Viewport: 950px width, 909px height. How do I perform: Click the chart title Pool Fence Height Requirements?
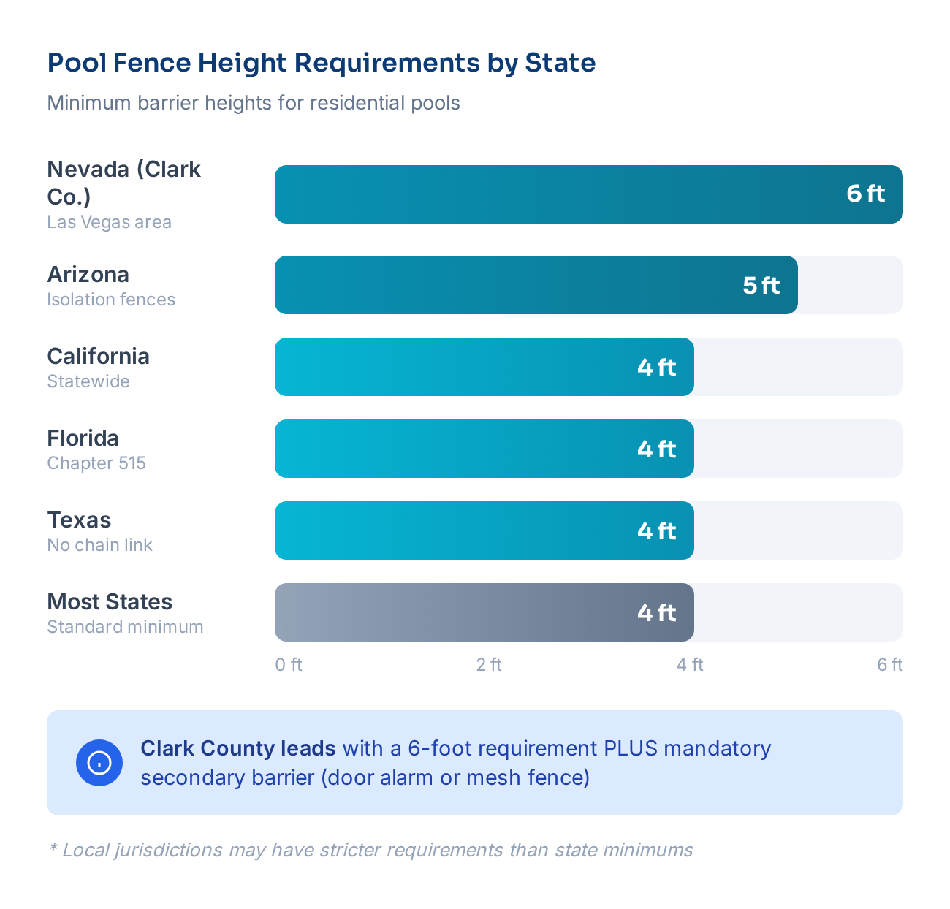tap(321, 63)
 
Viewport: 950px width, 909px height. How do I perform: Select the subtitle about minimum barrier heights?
tap(254, 103)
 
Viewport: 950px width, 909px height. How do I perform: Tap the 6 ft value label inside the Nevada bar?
tap(865, 194)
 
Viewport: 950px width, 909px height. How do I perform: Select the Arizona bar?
tap(512, 285)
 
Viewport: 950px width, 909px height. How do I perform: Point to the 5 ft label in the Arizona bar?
tap(761, 285)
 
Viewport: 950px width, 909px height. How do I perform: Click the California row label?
tap(98, 356)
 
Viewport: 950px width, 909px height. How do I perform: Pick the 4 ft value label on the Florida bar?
tap(656, 449)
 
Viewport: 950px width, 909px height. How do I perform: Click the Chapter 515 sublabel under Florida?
tap(96, 463)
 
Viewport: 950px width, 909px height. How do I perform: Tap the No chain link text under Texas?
tap(99, 545)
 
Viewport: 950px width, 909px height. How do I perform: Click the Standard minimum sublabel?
tap(125, 627)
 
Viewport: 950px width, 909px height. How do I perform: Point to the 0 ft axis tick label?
tap(288, 664)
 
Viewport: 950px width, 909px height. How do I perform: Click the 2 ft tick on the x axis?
tap(489, 664)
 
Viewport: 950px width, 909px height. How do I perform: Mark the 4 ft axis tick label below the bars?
tap(689, 664)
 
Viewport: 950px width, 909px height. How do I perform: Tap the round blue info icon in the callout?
tap(99, 763)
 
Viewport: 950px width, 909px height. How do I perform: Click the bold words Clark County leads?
tap(237, 748)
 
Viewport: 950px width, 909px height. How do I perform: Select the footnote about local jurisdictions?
tap(370, 850)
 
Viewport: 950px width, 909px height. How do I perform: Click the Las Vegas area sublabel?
tap(109, 222)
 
